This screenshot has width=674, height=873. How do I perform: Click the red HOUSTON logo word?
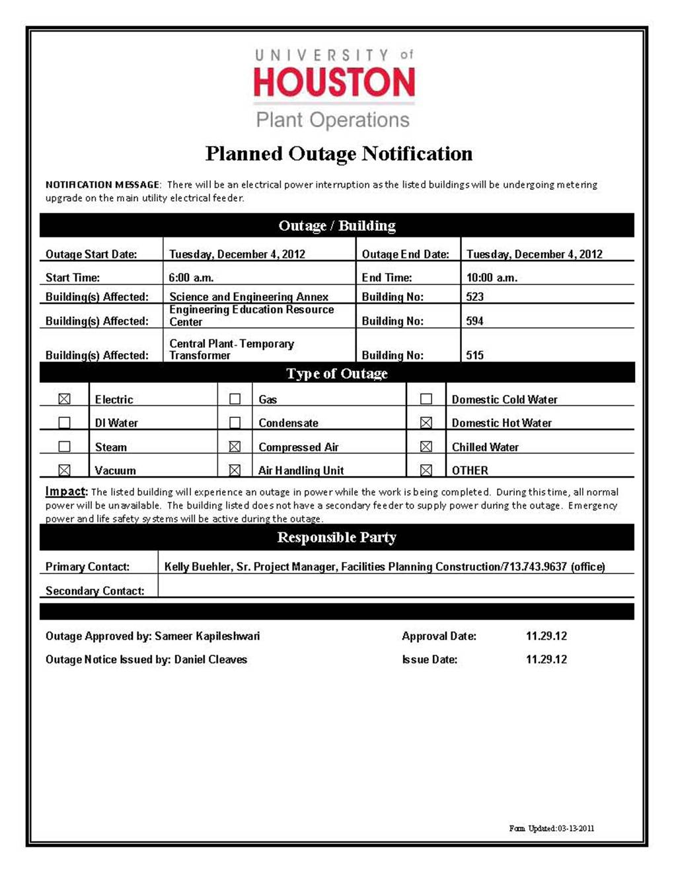[334, 82]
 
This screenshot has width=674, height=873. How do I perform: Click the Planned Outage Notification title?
[338, 153]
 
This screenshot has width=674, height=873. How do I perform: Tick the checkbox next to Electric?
[64, 399]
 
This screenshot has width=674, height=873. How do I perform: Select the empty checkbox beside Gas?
[235, 399]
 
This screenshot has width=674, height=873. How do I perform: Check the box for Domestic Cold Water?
[426, 399]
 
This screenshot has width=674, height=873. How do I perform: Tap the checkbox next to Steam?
[64, 446]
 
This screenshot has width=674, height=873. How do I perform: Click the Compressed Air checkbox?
[235, 446]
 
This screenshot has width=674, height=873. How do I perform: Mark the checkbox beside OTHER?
[426, 470]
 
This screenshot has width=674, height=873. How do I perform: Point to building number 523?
[474, 296]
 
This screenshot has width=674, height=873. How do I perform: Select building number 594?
[474, 321]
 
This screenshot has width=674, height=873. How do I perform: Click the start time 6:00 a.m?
[191, 278]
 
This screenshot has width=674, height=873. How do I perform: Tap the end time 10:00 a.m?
[492, 278]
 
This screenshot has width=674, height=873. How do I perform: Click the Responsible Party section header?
[336, 537]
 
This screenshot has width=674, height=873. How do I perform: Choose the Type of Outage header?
[336, 374]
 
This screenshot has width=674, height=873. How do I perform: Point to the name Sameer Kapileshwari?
[207, 636]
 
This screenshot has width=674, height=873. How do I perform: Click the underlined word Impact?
[65, 491]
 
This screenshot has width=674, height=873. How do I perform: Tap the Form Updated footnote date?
[576, 828]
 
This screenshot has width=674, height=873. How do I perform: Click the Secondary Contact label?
[94, 591]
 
